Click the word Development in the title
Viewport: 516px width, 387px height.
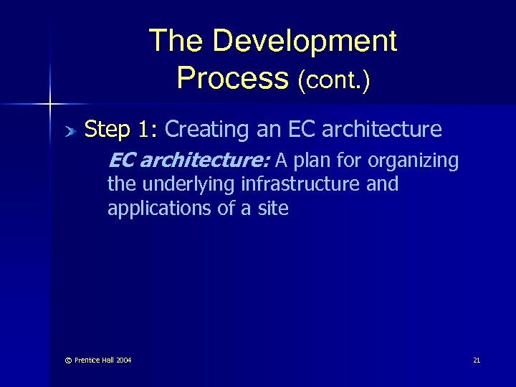click(305, 42)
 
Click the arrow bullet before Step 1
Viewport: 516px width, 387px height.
click(70, 130)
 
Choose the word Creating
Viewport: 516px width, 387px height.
click(204, 130)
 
